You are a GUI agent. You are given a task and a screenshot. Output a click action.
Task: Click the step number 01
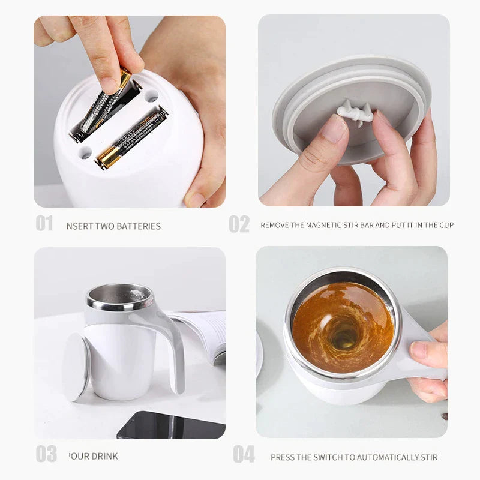pyautogui.click(x=44, y=224)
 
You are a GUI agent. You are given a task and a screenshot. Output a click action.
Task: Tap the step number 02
pyautogui.click(x=239, y=224)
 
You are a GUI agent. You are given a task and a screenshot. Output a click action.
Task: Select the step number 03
pyautogui.click(x=46, y=454)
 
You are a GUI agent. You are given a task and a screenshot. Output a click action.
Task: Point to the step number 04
pyautogui.click(x=244, y=454)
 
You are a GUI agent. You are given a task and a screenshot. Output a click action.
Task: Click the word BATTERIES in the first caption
pyautogui.click(x=138, y=226)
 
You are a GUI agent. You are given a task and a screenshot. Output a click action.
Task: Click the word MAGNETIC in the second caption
pyautogui.click(x=328, y=225)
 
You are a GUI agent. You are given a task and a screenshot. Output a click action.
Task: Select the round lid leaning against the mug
pyautogui.click(x=76, y=366)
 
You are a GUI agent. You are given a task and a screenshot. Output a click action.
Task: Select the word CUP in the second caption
pyautogui.click(x=446, y=225)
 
